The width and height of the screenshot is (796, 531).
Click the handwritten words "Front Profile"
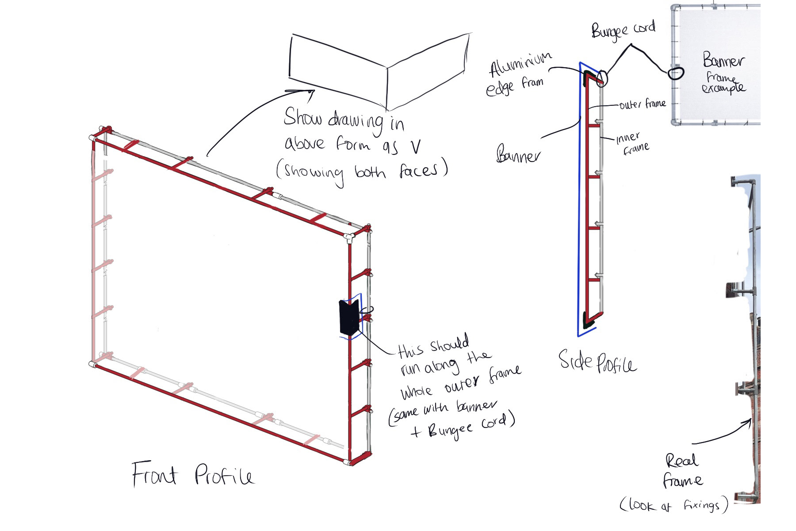coord(193,474)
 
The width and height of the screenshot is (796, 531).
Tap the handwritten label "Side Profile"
coord(597,362)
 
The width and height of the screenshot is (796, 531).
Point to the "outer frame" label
coord(642,104)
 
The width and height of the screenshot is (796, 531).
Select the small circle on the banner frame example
coord(675,73)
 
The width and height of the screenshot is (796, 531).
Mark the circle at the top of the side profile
coord(602,78)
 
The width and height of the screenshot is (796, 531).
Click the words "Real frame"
coord(682,470)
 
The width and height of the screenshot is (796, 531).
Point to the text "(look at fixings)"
coord(674,505)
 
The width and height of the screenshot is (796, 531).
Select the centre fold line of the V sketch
coord(388,88)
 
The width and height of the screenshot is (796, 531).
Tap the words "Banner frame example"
coord(723,73)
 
